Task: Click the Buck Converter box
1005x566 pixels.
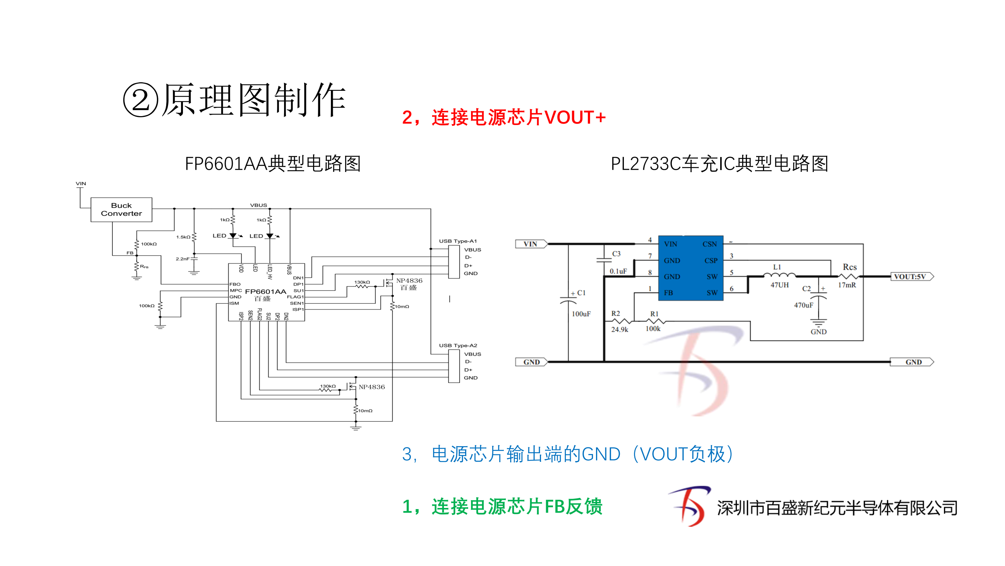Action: [x=121, y=210]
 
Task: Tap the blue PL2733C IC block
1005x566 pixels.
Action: [x=690, y=268]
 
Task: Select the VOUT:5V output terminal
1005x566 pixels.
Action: [x=911, y=276]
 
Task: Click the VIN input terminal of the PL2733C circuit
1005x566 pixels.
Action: [x=531, y=244]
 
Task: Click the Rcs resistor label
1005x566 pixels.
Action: [x=849, y=267]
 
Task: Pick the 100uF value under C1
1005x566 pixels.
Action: [x=581, y=314]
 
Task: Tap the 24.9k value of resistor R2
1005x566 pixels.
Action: [x=619, y=329]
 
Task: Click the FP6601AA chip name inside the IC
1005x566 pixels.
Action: [x=265, y=292]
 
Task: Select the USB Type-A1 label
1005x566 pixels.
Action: [x=458, y=241]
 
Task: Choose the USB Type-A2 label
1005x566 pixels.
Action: [x=458, y=345]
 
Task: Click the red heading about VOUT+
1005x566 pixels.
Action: [x=504, y=118]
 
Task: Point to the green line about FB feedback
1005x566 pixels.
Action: [x=502, y=507]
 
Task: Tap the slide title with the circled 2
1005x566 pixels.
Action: [x=235, y=100]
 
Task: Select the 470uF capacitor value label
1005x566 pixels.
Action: [x=803, y=305]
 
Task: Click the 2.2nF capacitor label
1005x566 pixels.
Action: [x=183, y=259]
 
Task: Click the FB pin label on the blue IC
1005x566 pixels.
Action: [x=668, y=293]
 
